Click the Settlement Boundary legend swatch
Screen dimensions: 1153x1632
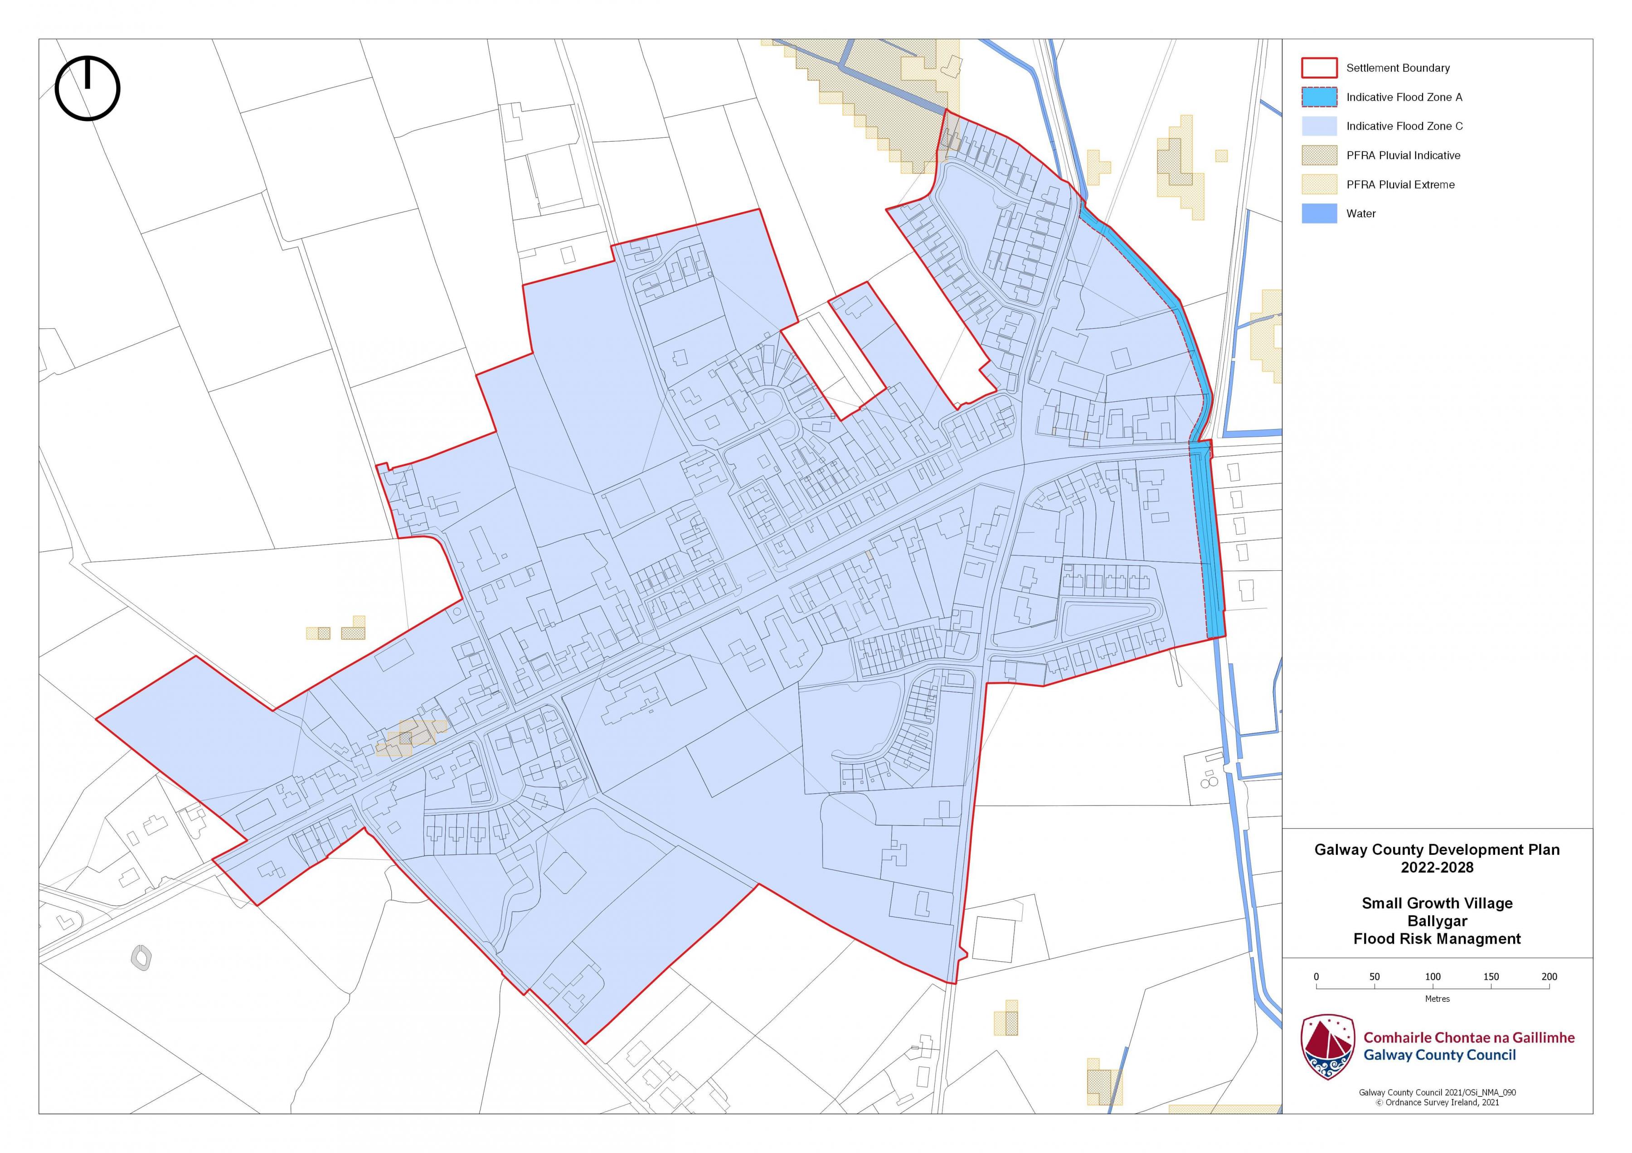pyautogui.click(x=1319, y=68)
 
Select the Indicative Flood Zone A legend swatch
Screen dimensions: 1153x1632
pyautogui.click(x=1319, y=96)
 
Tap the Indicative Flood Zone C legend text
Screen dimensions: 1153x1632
pyautogui.click(x=1404, y=126)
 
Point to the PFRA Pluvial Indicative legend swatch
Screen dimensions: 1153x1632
pyautogui.click(x=1319, y=155)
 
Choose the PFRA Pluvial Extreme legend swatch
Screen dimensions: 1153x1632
pyautogui.click(x=1319, y=184)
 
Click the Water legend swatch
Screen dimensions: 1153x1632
pyautogui.click(x=1319, y=213)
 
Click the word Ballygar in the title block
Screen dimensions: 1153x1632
pyautogui.click(x=1437, y=921)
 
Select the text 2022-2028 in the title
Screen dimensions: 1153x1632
pyautogui.click(x=1437, y=868)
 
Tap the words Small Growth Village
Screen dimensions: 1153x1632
pyautogui.click(x=1437, y=903)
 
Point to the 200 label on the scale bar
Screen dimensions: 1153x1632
pyautogui.click(x=1549, y=977)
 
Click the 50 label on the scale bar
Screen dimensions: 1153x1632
pyautogui.click(x=1375, y=977)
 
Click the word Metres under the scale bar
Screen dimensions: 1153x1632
pyautogui.click(x=1437, y=999)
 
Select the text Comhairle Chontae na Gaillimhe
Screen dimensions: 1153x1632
pyautogui.click(x=1468, y=1037)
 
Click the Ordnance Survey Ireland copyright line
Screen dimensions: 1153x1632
pyautogui.click(x=1437, y=1103)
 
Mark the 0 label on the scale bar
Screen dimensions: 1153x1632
pyautogui.click(x=1316, y=977)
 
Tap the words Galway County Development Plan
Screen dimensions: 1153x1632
pyautogui.click(x=1437, y=849)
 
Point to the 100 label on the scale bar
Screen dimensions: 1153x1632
pyautogui.click(x=1433, y=977)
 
